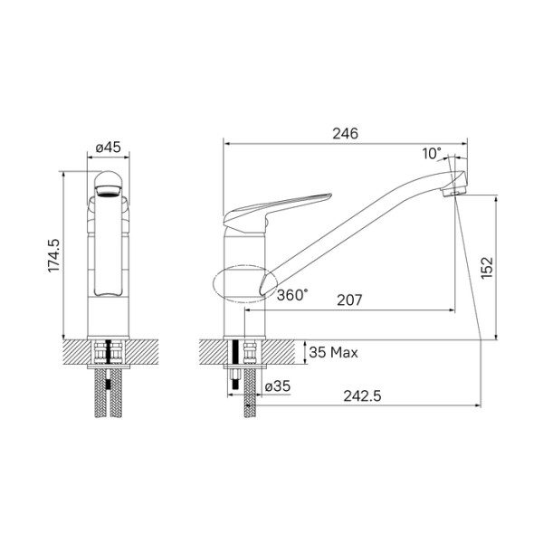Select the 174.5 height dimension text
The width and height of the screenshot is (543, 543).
[53, 256]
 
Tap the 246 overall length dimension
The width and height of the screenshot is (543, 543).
[345, 132]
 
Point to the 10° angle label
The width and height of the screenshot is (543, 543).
[432, 154]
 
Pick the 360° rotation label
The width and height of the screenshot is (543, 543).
[292, 294]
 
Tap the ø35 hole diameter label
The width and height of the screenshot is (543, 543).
[278, 387]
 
